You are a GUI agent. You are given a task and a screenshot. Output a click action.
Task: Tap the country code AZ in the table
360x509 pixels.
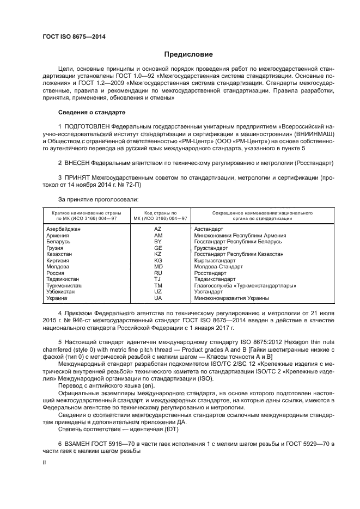coord(158,229)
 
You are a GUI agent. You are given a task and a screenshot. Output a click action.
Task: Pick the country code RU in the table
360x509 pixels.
coord(158,273)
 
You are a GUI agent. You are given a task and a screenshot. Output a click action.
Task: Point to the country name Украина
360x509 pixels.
coord(57,298)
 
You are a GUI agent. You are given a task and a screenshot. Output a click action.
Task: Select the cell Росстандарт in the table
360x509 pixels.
coord(210,273)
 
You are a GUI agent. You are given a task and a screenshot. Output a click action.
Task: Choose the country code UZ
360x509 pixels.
coord(158,292)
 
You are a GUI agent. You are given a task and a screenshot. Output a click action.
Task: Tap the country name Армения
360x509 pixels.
coord(58,236)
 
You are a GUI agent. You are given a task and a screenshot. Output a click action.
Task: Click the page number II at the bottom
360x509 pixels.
coord(45,462)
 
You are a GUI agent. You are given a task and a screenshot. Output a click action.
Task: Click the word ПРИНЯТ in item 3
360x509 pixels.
coord(76,177)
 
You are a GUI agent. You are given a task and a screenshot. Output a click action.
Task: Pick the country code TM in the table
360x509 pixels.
coord(158,285)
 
